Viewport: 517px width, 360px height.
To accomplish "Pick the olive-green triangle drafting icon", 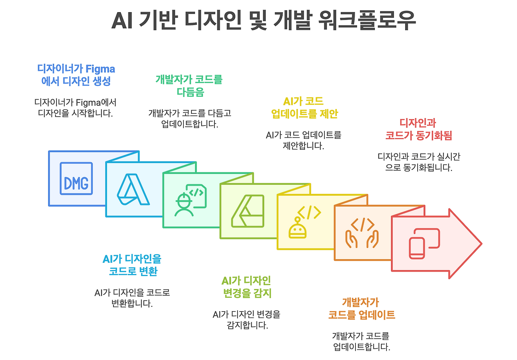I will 248,211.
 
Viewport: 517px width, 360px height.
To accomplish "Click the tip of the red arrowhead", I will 481,243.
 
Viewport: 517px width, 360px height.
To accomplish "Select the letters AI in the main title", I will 123,21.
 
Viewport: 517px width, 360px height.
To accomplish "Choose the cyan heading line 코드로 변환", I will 133,271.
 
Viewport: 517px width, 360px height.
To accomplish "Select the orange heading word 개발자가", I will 360,302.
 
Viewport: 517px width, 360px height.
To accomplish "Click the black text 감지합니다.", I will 247,325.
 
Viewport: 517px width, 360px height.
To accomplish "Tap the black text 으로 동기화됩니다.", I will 418,167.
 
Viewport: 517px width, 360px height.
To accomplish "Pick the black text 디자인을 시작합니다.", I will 75,113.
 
